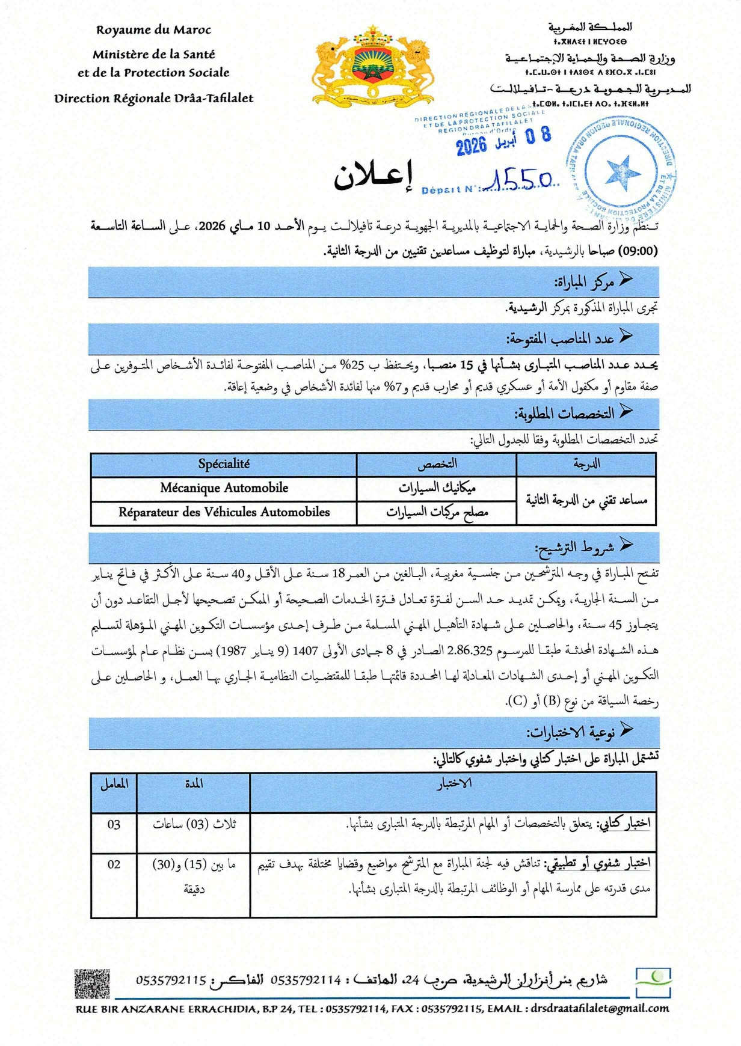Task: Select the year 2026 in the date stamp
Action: [x=471, y=145]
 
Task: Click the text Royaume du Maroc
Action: [x=154, y=29]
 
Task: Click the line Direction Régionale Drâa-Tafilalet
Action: [x=154, y=98]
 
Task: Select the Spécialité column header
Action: [x=224, y=464]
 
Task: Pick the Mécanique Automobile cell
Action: [x=224, y=488]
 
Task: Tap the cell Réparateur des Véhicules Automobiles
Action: [x=224, y=512]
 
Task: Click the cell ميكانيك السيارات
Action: [x=437, y=488]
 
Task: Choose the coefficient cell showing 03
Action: [x=114, y=824]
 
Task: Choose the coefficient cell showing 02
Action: [x=114, y=864]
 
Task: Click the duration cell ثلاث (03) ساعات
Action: [x=194, y=824]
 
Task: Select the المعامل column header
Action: [x=114, y=785]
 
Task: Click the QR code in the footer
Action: [x=93, y=983]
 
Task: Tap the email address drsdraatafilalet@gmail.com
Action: [x=600, y=1008]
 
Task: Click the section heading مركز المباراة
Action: [x=583, y=281]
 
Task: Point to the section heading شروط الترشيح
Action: [x=574, y=547]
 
